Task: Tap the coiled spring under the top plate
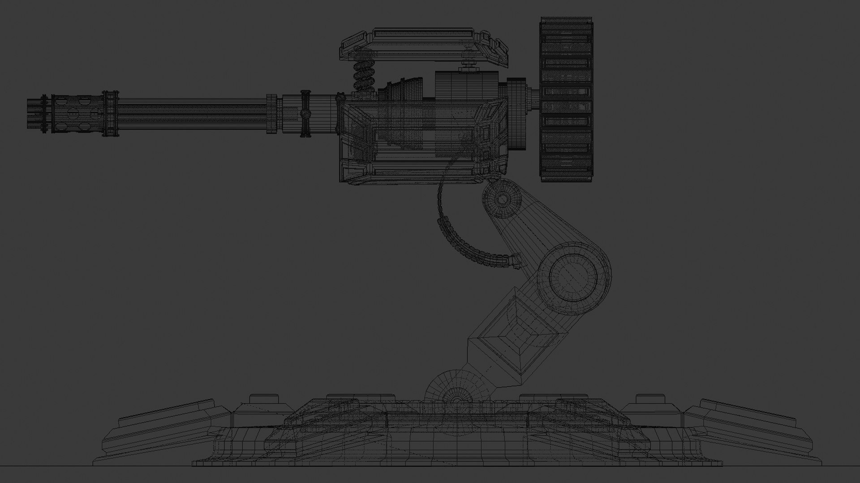364,76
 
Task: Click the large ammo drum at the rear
566,99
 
